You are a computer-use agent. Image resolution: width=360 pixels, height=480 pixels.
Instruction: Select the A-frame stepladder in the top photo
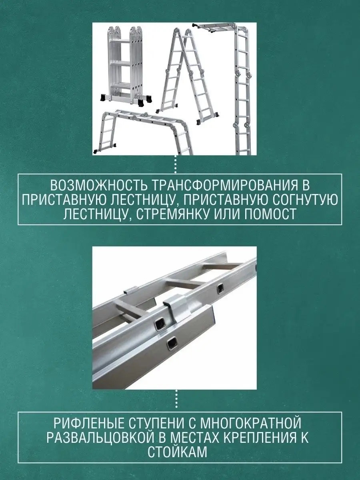188,74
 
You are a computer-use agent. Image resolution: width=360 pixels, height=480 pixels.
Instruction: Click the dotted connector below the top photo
176,164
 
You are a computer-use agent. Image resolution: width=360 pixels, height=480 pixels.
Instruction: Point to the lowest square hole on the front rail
172,346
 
